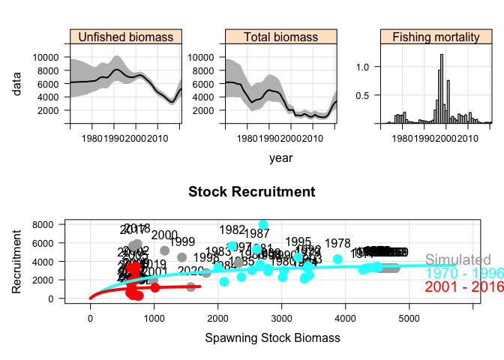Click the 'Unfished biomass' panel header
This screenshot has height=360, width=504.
click(x=125, y=37)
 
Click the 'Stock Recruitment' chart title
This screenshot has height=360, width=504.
click(x=251, y=192)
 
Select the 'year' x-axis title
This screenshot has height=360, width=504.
click(x=281, y=158)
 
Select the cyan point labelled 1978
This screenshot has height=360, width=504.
click(x=337, y=259)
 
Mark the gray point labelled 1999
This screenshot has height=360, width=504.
click(x=181, y=257)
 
